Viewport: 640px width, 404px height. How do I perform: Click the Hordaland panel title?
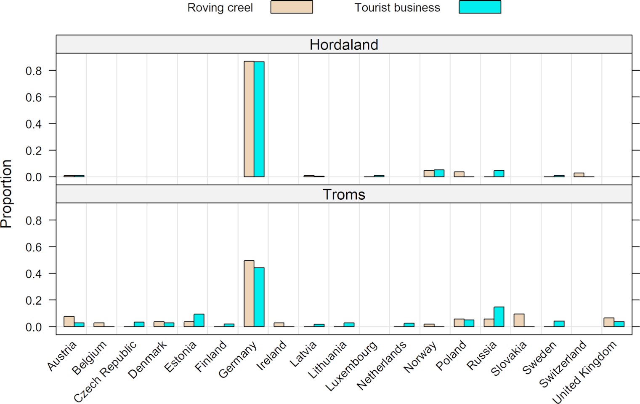point(344,45)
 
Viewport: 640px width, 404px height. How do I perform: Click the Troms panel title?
point(344,194)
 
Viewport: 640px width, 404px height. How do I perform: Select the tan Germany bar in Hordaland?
point(249,119)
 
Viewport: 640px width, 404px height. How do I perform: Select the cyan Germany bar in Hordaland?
point(259,119)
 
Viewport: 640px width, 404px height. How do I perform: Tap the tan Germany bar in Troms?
point(249,294)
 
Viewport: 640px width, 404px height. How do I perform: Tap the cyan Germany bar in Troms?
point(259,297)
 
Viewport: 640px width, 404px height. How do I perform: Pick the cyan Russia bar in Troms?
point(499,317)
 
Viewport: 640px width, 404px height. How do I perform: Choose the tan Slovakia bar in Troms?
point(519,321)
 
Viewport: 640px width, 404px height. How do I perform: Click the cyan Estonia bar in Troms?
point(199,321)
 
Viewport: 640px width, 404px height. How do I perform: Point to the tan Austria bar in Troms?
point(69,322)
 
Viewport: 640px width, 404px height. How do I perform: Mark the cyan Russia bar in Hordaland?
point(499,174)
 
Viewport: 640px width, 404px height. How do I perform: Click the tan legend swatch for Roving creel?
point(292,7)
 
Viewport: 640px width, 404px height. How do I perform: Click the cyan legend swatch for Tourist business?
point(480,7)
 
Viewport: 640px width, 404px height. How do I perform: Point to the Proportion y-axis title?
point(7,194)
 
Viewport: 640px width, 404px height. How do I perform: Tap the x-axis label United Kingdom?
point(584,371)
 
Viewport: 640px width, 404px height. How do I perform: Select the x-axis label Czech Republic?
point(105,371)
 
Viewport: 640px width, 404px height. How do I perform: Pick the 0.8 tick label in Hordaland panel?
point(34,71)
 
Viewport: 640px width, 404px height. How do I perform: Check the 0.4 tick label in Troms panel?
point(34,274)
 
